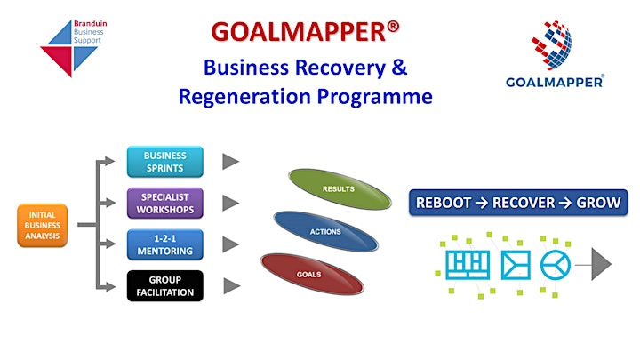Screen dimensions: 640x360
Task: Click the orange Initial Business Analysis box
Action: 43,225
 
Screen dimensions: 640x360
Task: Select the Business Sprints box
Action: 165,162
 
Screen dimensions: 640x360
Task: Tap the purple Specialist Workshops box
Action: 165,204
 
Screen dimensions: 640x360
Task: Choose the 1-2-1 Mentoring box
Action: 165,244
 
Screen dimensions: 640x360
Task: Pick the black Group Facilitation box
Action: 165,286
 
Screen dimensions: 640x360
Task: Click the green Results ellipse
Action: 340,189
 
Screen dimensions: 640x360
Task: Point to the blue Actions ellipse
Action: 325,231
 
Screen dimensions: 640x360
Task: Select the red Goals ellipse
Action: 312,274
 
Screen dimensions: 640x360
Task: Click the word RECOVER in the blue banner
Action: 524,203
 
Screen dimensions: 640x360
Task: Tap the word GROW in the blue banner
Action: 598,203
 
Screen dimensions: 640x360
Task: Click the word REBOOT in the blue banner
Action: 444,203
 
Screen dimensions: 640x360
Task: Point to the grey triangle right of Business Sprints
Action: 230,162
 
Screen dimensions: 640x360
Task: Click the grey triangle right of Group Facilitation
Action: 231,286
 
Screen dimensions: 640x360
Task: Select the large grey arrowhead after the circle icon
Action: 601,265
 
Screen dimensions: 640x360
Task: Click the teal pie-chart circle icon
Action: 555,265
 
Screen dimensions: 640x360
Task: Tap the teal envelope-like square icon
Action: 516,265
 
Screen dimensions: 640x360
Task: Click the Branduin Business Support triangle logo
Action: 69,48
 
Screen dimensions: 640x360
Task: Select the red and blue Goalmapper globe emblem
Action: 551,45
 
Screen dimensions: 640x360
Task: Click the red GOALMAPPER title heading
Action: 305,32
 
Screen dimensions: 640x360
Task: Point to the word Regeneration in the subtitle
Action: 244,97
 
